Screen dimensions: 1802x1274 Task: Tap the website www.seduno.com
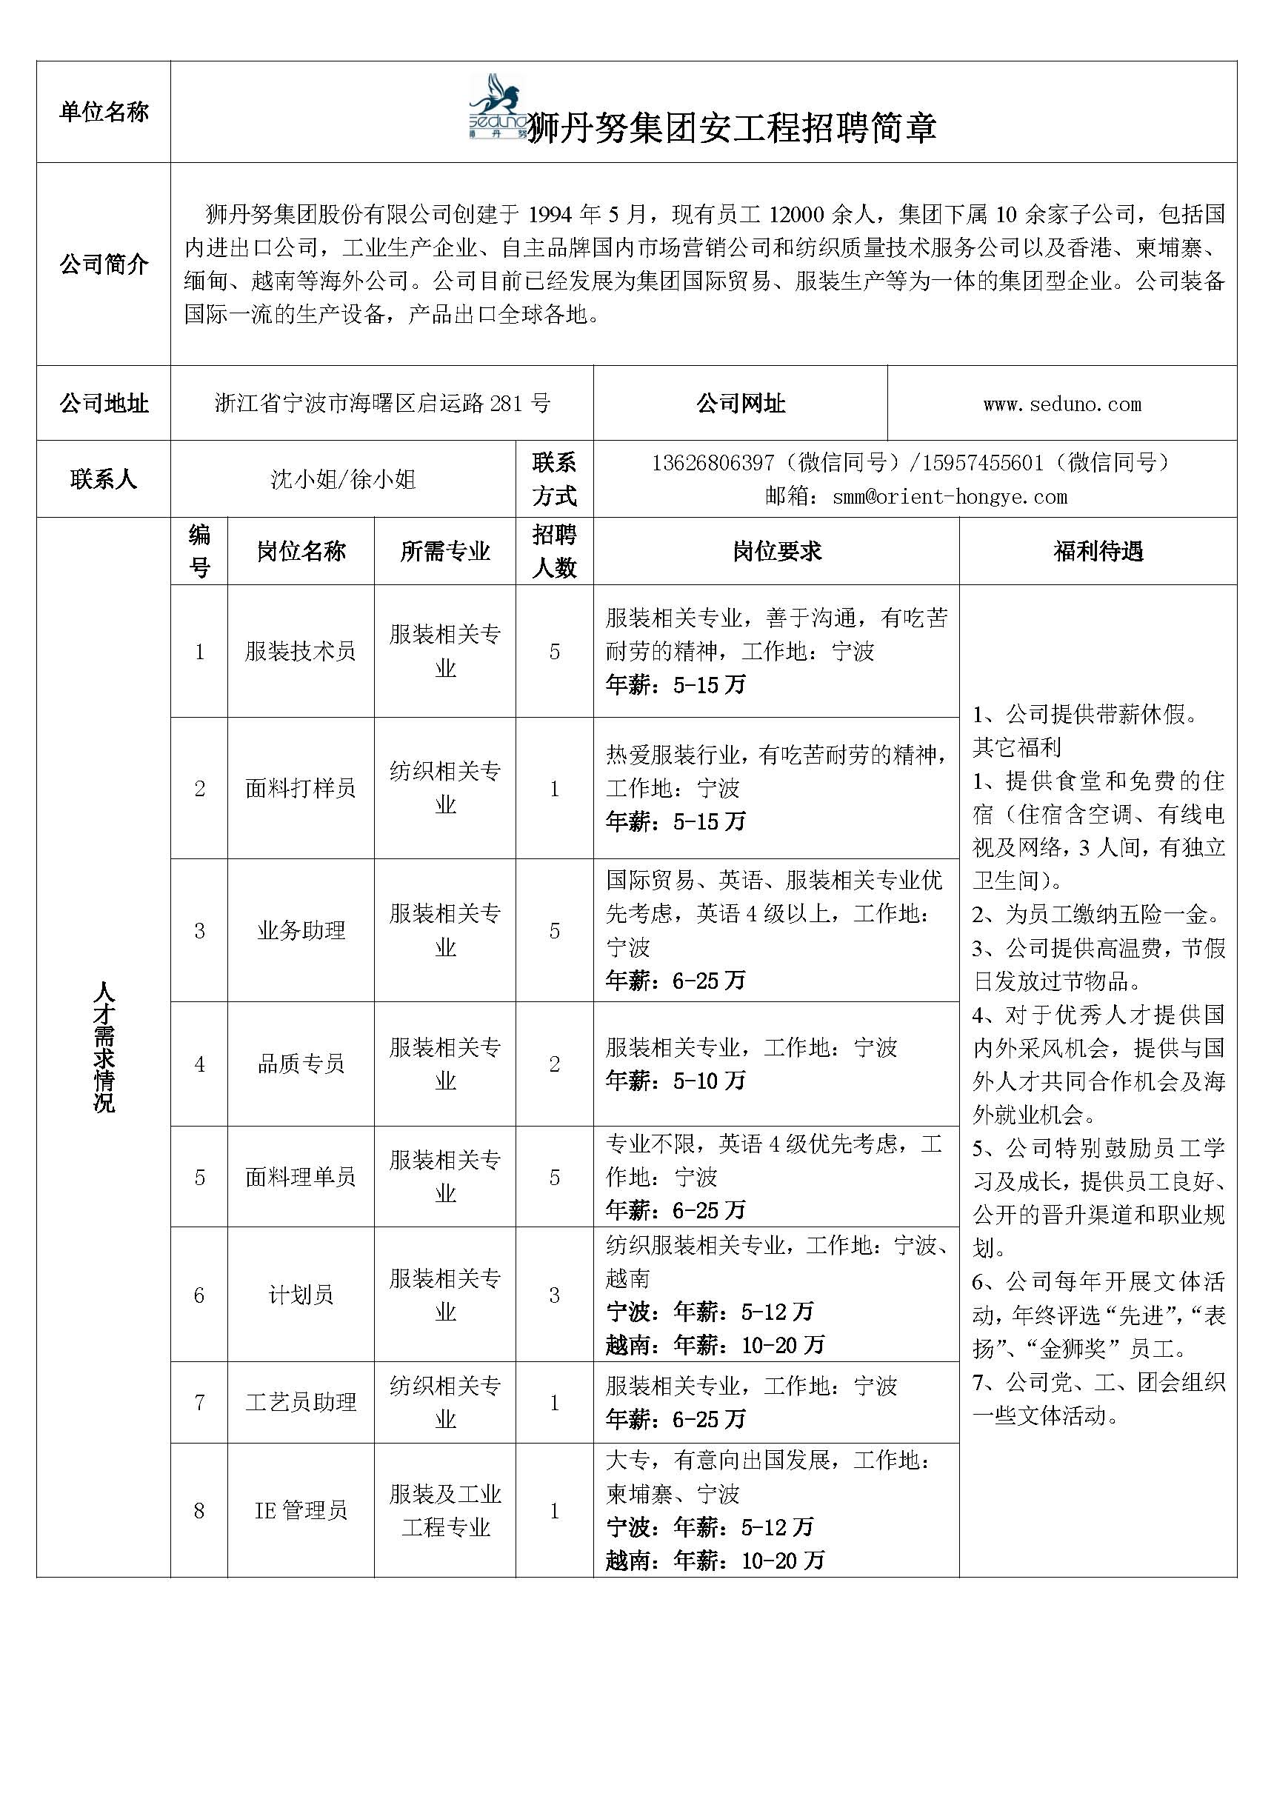coord(1061,404)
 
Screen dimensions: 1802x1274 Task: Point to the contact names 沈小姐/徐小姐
coord(343,478)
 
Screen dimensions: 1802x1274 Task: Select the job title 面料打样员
coord(300,788)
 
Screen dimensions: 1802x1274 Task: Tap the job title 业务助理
coord(301,931)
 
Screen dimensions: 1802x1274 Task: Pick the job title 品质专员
coord(301,1064)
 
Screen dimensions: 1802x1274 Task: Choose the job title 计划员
coord(301,1295)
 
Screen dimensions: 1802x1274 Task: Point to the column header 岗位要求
coord(776,551)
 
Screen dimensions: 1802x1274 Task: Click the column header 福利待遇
coord(1098,551)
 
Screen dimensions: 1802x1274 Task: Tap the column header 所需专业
coord(444,551)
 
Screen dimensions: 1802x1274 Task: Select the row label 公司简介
coord(104,264)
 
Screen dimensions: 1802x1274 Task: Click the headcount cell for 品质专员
coord(554,1064)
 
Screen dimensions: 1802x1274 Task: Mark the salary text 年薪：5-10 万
coord(675,1081)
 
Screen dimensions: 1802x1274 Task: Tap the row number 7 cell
coord(199,1402)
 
